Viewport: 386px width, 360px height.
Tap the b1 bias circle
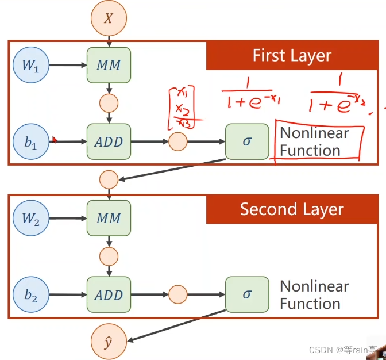pyautogui.click(x=31, y=141)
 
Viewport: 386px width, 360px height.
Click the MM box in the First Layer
pyautogui.click(x=109, y=64)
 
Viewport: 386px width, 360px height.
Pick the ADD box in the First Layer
pyautogui.click(x=109, y=141)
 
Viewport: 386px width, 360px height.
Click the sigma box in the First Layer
pyautogui.click(x=247, y=141)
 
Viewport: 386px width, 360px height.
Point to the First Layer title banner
pyautogui.click(x=292, y=56)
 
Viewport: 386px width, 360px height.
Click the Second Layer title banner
pyautogui.click(x=292, y=209)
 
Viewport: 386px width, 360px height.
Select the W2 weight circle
pyautogui.click(x=31, y=219)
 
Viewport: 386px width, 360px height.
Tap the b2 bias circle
pyautogui.click(x=31, y=295)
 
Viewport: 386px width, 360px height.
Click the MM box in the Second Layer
pyautogui.click(x=109, y=219)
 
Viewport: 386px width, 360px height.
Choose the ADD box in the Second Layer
pyautogui.click(x=109, y=295)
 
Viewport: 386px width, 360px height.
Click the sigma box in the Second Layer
pyautogui.click(x=247, y=294)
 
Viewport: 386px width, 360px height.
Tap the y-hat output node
pyautogui.click(x=108, y=342)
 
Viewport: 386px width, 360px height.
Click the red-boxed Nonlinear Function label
pyautogui.click(x=319, y=141)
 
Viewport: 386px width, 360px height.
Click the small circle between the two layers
pyautogui.click(x=109, y=179)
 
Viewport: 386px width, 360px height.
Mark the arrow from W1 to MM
pyautogui.click(x=67, y=64)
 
